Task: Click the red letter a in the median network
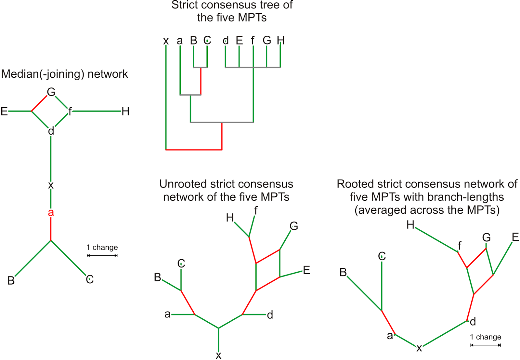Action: pos(51,213)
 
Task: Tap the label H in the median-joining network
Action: pos(125,111)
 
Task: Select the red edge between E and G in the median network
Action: pos(39,103)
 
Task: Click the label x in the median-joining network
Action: pos(51,185)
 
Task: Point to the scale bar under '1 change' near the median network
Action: pos(102,256)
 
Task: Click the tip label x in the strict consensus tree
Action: pos(166,41)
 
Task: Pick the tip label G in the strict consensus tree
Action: pos(267,40)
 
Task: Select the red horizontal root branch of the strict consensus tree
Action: pos(194,150)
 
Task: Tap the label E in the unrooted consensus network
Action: pos(306,270)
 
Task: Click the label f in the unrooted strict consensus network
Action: pos(256,211)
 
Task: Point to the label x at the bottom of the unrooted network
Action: pos(218,355)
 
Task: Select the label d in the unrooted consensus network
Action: pos(270,315)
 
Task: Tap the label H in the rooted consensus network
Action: pos(410,225)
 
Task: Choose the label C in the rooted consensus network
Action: pos(382,256)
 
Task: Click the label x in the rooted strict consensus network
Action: pos(419,348)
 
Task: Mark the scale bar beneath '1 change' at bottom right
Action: pos(486,345)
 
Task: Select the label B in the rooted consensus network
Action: pos(343,272)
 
